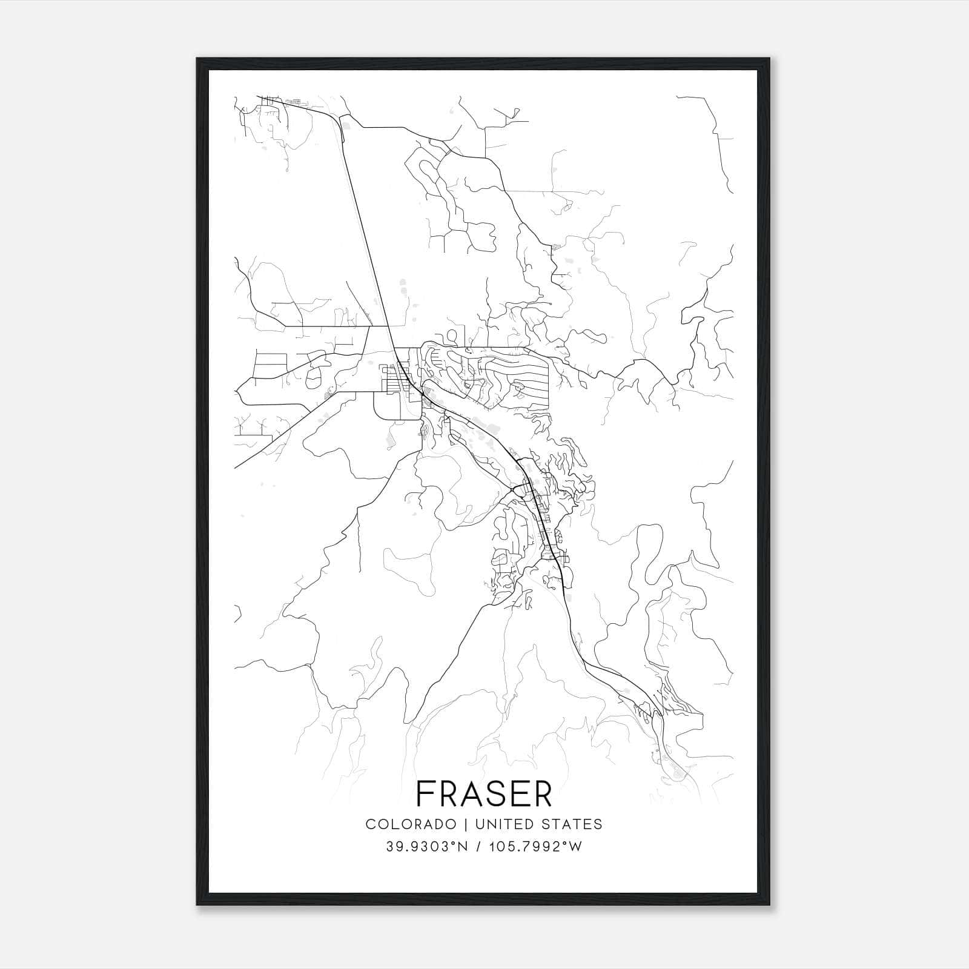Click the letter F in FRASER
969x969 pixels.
(426, 794)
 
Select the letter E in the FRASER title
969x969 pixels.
(515, 794)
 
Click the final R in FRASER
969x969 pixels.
(541, 794)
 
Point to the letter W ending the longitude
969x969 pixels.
(576, 847)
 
